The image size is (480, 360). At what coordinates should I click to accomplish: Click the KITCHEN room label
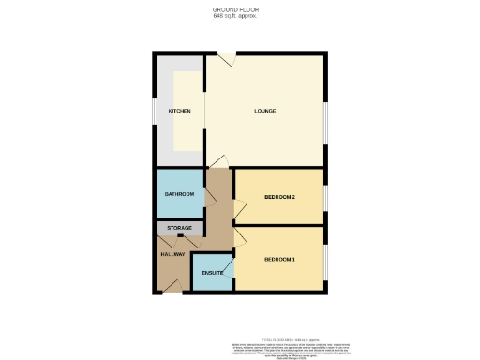pos(179,111)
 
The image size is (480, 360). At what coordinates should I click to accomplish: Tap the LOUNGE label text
pos(265,111)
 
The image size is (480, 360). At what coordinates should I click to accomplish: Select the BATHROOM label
pos(178,194)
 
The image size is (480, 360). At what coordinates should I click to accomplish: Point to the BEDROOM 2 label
pos(279,197)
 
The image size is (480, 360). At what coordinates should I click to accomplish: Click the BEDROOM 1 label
pos(279,259)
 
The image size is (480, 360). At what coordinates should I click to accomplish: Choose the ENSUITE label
pos(212,273)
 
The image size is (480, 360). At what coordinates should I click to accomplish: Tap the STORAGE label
pos(179,228)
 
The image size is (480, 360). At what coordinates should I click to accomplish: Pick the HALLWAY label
pos(172,254)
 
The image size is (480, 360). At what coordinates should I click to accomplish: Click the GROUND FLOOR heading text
pos(239,9)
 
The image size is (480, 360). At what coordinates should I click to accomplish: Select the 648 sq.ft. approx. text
pos(239,16)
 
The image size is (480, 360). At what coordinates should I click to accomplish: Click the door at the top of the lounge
pos(227,58)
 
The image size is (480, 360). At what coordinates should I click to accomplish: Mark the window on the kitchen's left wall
pos(155,111)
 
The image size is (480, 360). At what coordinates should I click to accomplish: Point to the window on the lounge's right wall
pos(325,123)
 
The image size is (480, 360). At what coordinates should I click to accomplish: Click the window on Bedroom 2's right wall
pos(325,198)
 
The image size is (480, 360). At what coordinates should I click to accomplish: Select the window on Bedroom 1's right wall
pos(325,259)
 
